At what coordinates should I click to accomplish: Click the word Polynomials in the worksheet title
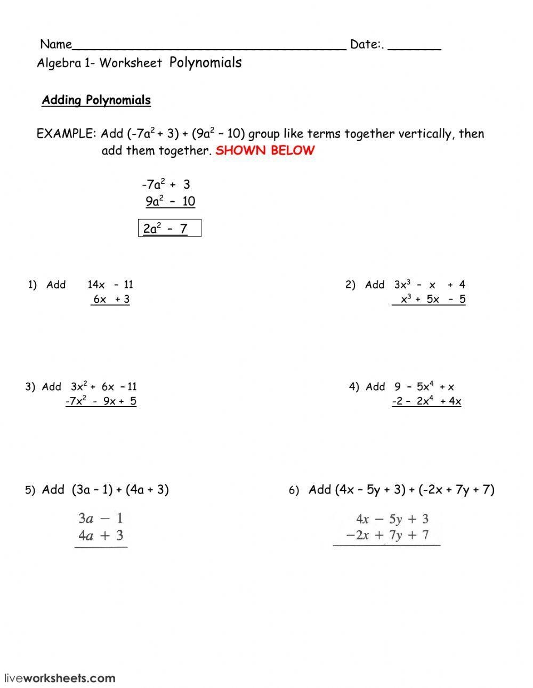[205, 63]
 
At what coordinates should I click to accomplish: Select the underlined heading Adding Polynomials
[96, 100]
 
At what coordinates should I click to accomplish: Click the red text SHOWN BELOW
[265, 150]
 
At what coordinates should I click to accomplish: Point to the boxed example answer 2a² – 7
[169, 229]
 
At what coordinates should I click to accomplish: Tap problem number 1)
[33, 285]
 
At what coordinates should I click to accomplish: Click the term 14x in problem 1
[96, 285]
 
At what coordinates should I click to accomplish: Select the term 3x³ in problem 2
[402, 285]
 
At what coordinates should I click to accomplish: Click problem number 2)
[350, 285]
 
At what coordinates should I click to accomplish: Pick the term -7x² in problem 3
[76, 401]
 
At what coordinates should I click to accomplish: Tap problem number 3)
[30, 387]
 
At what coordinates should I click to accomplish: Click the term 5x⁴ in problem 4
[425, 387]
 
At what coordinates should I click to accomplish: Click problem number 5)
[30, 490]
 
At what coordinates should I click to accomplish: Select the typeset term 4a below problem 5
[86, 536]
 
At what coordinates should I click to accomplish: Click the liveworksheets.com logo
[60, 678]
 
